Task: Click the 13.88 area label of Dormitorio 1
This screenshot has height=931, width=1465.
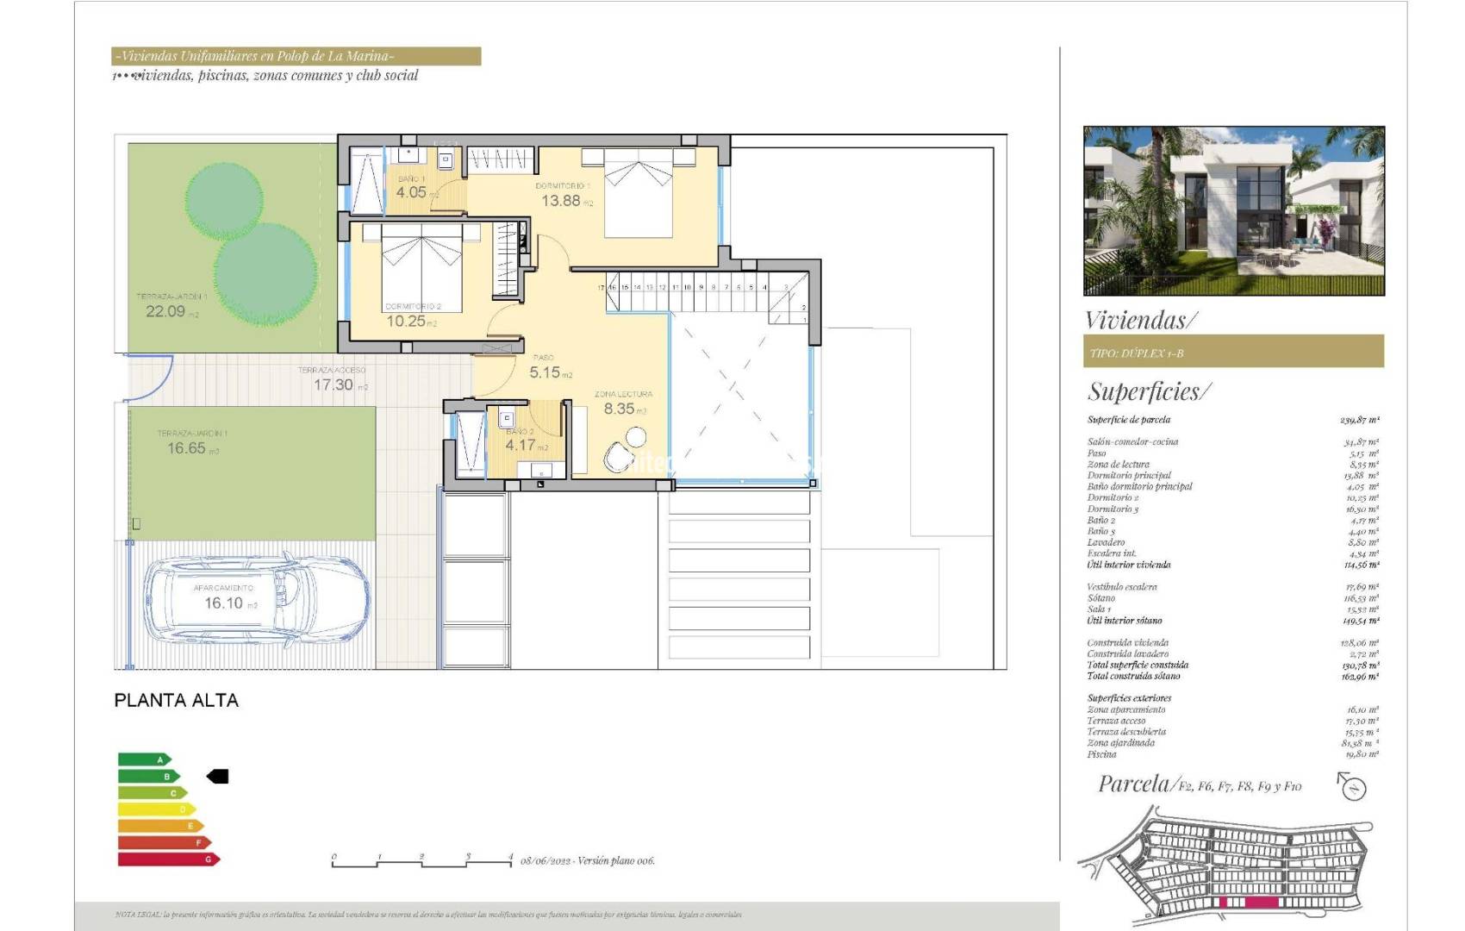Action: pyautogui.click(x=561, y=201)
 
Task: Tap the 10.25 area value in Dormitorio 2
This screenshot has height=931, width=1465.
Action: pyautogui.click(x=406, y=322)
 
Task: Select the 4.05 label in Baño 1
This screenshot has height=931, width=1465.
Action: pyautogui.click(x=411, y=192)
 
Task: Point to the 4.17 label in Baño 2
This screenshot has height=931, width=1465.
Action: pyautogui.click(x=520, y=446)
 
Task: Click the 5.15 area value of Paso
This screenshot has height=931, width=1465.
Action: pyautogui.click(x=545, y=372)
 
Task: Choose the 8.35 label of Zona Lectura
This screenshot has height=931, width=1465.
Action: pyautogui.click(x=619, y=409)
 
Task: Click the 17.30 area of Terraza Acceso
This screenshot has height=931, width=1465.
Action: pyautogui.click(x=334, y=384)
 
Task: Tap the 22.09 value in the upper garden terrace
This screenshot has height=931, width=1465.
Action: pyautogui.click(x=165, y=311)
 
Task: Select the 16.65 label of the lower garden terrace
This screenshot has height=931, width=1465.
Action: pyautogui.click(x=187, y=447)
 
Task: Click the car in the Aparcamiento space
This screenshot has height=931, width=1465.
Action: pyautogui.click(x=254, y=601)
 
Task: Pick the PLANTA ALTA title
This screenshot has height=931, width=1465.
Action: pyautogui.click(x=176, y=700)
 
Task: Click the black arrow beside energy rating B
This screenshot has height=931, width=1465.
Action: pyautogui.click(x=218, y=777)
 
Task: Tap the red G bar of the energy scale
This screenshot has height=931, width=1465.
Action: pyautogui.click(x=168, y=859)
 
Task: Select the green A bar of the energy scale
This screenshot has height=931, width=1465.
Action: pyautogui.click(x=144, y=759)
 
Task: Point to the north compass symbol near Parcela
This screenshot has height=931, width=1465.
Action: pyautogui.click(x=1354, y=786)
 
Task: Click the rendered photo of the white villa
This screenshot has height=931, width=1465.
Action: pyautogui.click(x=1233, y=210)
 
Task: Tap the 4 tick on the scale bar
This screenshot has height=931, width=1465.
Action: pyautogui.click(x=511, y=859)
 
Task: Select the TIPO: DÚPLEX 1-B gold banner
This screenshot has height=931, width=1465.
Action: pyautogui.click(x=1233, y=352)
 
